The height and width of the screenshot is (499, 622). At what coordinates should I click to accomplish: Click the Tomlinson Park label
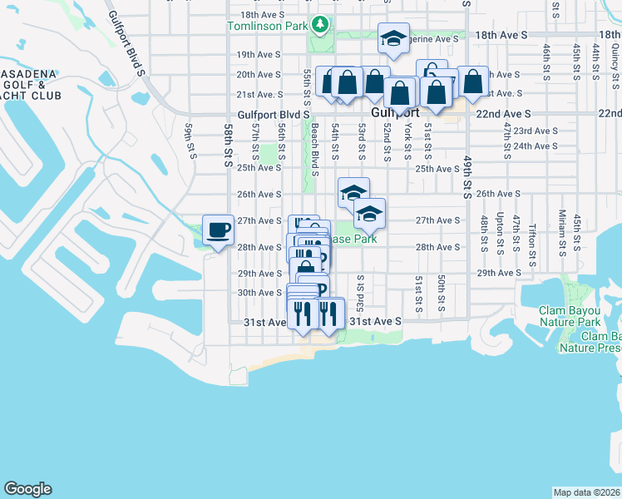267,26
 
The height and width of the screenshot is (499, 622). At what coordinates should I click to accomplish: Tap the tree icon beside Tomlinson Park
318,26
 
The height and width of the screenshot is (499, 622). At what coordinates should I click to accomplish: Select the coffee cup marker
219,230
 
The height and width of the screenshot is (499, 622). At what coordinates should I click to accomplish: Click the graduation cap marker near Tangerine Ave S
393,38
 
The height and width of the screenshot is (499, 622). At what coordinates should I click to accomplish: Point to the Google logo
27,489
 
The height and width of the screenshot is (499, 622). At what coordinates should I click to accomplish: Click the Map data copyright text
586,492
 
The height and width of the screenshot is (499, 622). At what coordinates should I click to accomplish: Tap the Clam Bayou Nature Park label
570,316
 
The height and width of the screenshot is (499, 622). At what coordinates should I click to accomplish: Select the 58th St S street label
228,146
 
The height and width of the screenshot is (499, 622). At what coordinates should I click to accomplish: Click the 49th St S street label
467,178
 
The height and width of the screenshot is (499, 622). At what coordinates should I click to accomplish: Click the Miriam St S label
562,231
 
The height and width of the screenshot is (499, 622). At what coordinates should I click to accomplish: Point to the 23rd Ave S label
535,131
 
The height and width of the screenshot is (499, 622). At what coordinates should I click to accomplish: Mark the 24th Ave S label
535,146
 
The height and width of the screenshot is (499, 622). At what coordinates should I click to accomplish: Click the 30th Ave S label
259,293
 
